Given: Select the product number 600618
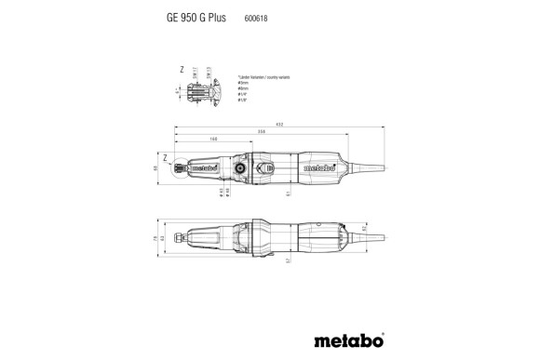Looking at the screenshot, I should coord(257,16).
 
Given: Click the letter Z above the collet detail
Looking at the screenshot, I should coord(182,69).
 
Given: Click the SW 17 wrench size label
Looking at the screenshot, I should coord(195,72).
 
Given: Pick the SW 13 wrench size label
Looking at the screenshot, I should coord(208,72).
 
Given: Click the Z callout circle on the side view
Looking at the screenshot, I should coord(173,168).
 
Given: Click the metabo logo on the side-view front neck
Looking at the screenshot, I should coord(201,169).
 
